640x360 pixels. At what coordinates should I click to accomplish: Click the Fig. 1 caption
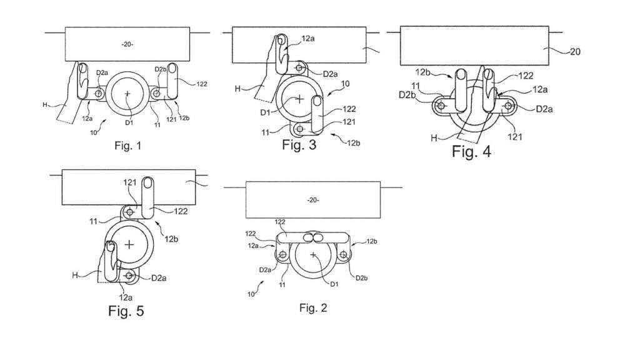pos(128,147)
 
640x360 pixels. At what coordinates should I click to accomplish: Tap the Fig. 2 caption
pos(313,307)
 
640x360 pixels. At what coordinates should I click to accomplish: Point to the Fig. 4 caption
pos(471,151)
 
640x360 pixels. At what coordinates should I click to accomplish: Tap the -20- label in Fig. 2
pos(313,200)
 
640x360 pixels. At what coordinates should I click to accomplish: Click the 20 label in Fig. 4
pos(575,52)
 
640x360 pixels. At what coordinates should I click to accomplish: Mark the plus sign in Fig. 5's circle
pos(129,244)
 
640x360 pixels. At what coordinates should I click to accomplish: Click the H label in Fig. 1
pos(46,105)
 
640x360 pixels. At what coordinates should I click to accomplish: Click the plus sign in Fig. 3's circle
pos(300,99)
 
